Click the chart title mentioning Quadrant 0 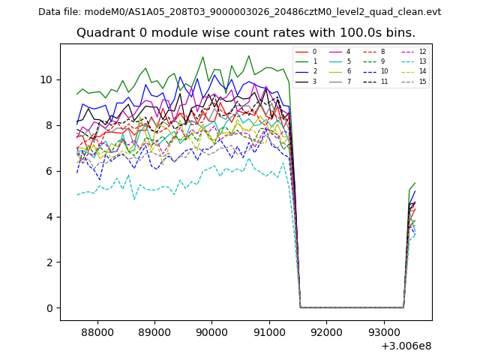point(245,33)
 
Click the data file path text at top point(239,12)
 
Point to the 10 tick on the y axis point(46,79)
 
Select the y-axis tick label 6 point(49,171)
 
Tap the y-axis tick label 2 point(49,262)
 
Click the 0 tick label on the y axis point(49,308)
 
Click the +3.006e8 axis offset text point(406,346)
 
